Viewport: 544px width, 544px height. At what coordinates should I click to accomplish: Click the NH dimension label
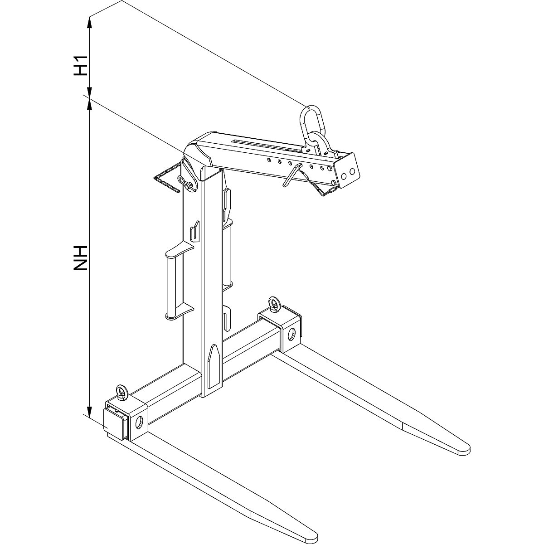[80, 258]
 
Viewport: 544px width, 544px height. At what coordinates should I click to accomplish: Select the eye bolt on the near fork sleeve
[122, 393]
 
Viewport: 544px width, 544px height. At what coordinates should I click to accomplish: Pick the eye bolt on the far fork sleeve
[273, 304]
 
